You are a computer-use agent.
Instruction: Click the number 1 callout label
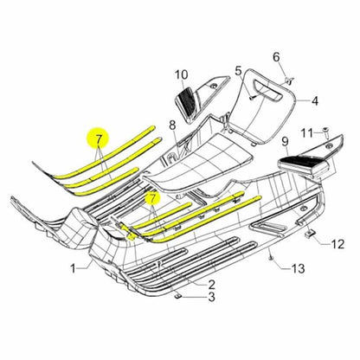coord(74,268)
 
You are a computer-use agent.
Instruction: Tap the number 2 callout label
coord(211,284)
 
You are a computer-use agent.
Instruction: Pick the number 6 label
coord(277,57)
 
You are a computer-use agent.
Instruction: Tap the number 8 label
coord(172,125)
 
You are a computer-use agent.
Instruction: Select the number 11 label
coord(305,132)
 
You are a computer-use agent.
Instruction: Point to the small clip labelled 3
coord(178,296)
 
